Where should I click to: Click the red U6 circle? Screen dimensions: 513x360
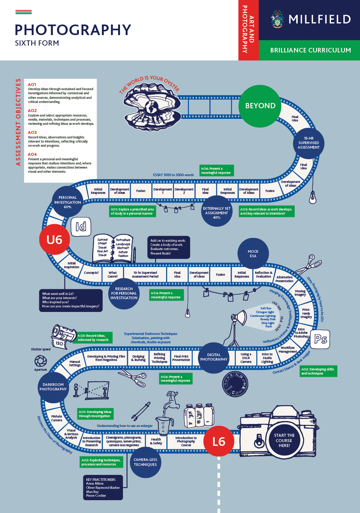pyautogui.click(x=54, y=240)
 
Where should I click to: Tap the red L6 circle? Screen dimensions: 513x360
pyautogui.click(x=219, y=441)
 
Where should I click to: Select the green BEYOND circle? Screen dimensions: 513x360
pyautogui.click(x=260, y=106)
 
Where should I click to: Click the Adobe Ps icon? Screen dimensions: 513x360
pyautogui.click(x=321, y=339)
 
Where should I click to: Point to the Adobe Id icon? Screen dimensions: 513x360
pyautogui.click(x=81, y=226)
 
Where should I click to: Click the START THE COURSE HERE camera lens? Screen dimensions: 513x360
pyautogui.click(x=284, y=440)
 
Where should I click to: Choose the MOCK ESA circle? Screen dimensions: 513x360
pyautogui.click(x=253, y=253)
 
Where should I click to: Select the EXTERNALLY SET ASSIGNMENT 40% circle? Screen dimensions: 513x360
pyautogui.click(x=217, y=213)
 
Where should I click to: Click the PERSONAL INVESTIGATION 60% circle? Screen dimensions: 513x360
pyautogui.click(x=68, y=202)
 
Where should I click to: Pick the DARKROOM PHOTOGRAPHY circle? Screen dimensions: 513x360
pyautogui.click(x=53, y=387)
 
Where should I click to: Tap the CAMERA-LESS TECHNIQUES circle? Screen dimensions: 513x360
pyautogui.click(x=145, y=462)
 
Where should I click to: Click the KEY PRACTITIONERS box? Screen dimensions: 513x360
pyautogui.click(x=103, y=487)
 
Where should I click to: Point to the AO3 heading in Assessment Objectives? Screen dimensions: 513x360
pyautogui.click(x=32, y=132)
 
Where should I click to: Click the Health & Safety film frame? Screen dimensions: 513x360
pyautogui.click(x=157, y=441)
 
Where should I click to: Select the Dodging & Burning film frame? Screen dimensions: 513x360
pyautogui.click(x=138, y=358)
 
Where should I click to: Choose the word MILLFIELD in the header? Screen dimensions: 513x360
pyautogui.click(x=320, y=19)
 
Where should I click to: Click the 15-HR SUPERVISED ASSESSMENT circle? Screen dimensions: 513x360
pyautogui.click(x=309, y=143)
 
